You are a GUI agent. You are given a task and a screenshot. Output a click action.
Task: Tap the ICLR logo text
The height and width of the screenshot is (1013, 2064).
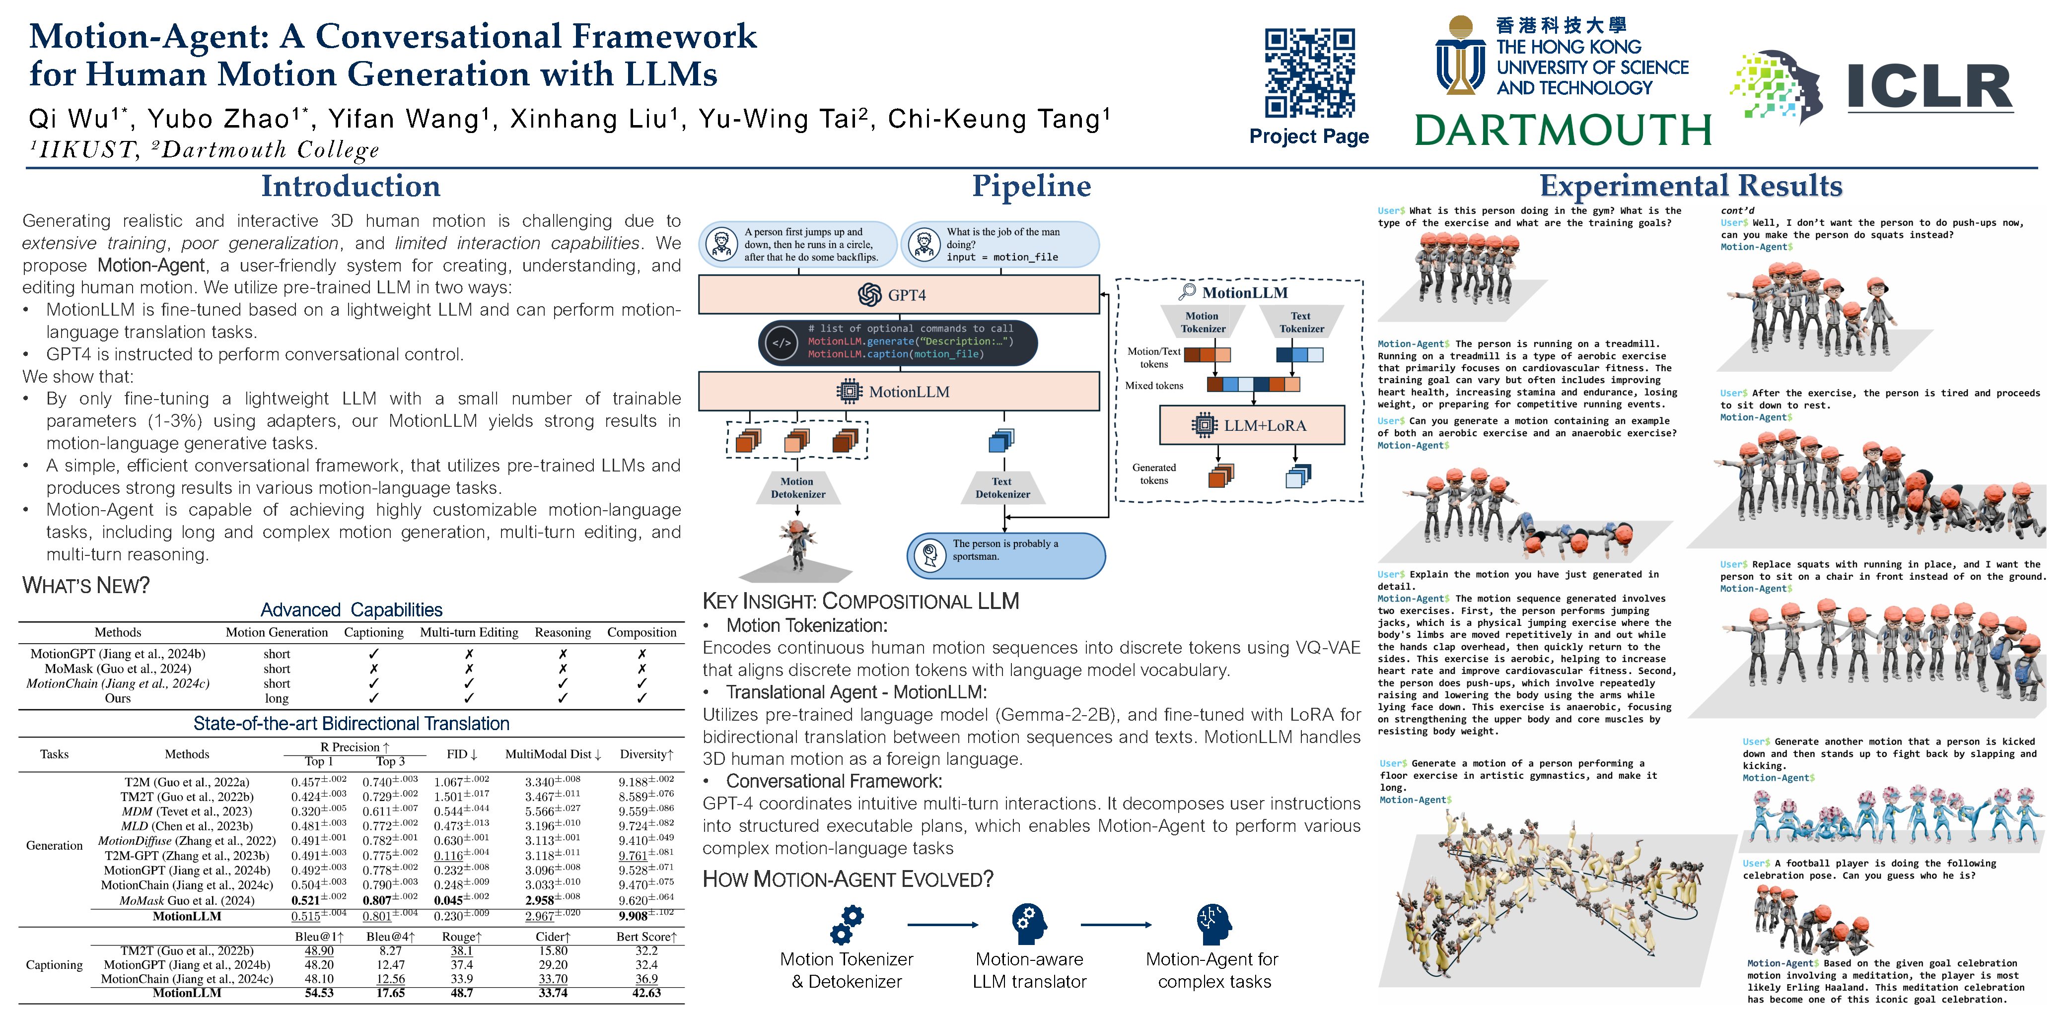1928,86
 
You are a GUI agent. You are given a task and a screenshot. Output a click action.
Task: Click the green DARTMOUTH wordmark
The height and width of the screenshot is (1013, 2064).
1563,130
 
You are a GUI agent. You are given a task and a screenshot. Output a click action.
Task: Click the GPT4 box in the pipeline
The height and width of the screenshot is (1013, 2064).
898,295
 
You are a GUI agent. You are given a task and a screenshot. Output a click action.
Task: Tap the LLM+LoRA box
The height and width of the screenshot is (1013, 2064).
1252,425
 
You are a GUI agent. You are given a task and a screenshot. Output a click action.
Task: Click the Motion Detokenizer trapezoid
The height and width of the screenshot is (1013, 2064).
797,488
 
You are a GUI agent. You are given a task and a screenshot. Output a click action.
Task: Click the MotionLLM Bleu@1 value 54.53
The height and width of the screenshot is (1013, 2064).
319,993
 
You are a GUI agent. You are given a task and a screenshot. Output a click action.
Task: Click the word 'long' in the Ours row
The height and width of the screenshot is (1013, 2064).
277,698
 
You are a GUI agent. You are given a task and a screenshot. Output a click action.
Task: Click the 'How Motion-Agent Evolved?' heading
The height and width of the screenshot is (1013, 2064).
847,879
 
